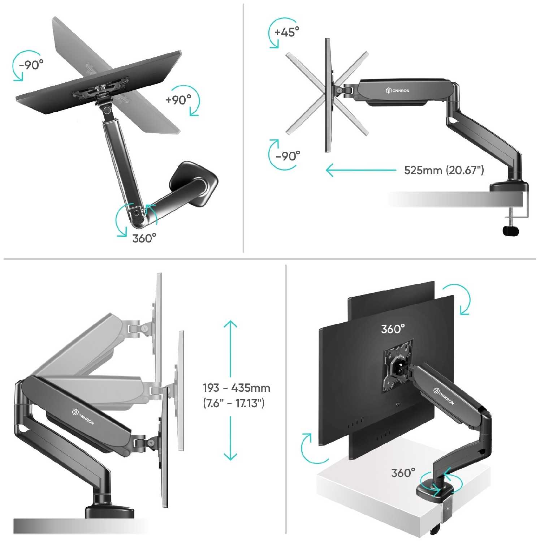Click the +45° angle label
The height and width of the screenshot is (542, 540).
coord(287,32)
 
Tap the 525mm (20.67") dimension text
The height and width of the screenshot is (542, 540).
coord(444,170)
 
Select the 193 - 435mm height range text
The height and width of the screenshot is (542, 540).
coord(237,388)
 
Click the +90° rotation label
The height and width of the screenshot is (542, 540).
coord(178,100)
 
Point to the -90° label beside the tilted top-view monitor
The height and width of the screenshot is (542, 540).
coord(31,65)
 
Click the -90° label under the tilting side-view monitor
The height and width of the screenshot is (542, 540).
coord(288,156)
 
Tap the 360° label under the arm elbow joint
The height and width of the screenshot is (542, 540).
coord(144,238)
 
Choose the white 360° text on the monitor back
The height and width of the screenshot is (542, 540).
coord(393,329)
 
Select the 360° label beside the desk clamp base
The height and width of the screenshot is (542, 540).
coord(403,473)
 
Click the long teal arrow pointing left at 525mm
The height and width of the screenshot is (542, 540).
coord(361,170)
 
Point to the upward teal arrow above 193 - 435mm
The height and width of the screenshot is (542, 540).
coord(230,349)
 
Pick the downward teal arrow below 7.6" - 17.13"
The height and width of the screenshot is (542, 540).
coord(230,438)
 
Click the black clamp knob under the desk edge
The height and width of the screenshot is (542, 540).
coord(511,231)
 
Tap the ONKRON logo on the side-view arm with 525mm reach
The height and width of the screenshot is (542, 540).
coord(397,90)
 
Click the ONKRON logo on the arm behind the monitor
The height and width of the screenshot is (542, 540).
coord(444,396)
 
